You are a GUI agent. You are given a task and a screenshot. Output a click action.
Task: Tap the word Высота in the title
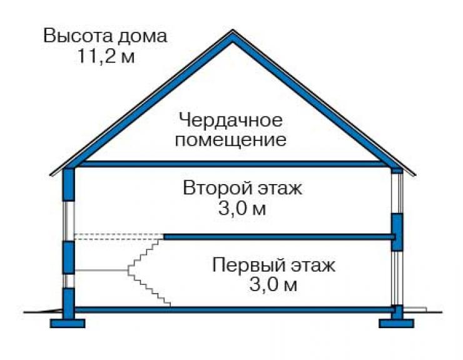[x=78, y=36]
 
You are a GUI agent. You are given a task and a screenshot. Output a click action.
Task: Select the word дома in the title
[x=143, y=37]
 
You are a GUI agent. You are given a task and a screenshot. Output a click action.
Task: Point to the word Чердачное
[x=231, y=121]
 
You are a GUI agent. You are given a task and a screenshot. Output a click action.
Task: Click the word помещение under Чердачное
[x=231, y=140]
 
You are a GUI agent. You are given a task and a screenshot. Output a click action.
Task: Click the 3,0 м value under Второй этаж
[x=242, y=208]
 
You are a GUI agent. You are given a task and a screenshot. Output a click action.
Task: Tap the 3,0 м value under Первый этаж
[x=273, y=285]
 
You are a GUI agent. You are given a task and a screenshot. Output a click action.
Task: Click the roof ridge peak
[x=233, y=31]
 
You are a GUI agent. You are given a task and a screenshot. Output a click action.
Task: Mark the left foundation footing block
[x=68, y=323]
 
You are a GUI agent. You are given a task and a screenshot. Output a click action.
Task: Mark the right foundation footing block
[x=396, y=323]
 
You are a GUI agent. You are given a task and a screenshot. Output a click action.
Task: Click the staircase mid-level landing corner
[x=128, y=270]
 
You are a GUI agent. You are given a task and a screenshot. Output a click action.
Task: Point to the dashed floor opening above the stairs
[x=119, y=237]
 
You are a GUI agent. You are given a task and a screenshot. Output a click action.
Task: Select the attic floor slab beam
[x=233, y=164]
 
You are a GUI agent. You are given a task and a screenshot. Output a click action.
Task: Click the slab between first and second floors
[x=279, y=237]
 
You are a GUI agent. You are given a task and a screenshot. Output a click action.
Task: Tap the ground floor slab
[x=235, y=309]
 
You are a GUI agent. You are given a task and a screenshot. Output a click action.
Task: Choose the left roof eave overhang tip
[x=51, y=175]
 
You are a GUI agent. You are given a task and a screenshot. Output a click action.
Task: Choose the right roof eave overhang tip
[x=415, y=175]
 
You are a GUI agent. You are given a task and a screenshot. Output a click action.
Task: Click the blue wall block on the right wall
[x=397, y=232]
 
